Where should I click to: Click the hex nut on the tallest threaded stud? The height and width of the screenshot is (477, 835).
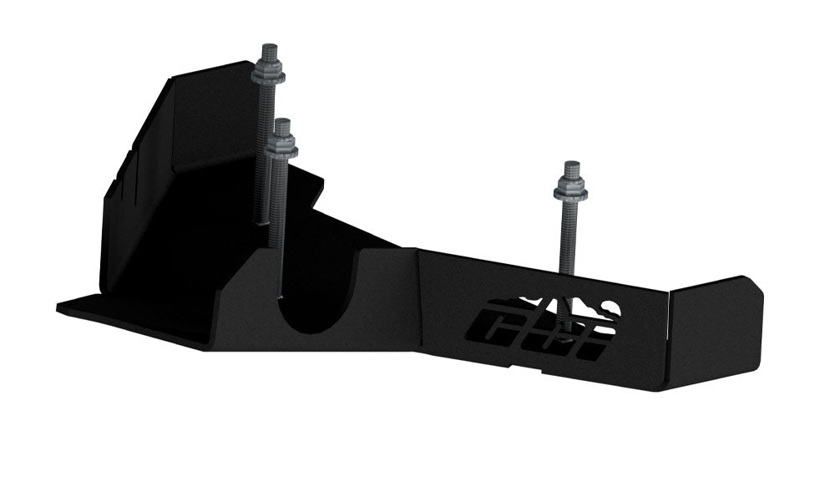269,69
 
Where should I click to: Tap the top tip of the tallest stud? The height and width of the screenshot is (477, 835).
270,45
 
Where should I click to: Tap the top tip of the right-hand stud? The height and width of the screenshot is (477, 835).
572,162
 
